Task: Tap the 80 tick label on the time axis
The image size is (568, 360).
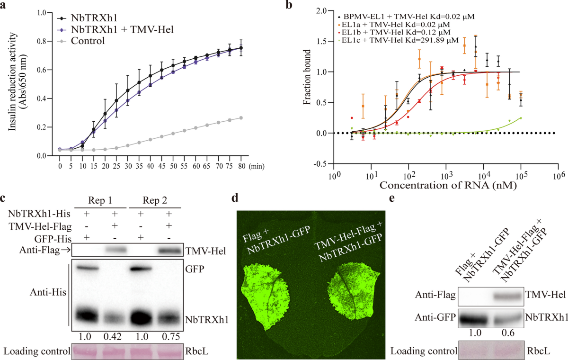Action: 241,166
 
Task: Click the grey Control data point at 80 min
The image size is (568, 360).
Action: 241,118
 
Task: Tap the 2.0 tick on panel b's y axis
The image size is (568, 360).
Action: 323,10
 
